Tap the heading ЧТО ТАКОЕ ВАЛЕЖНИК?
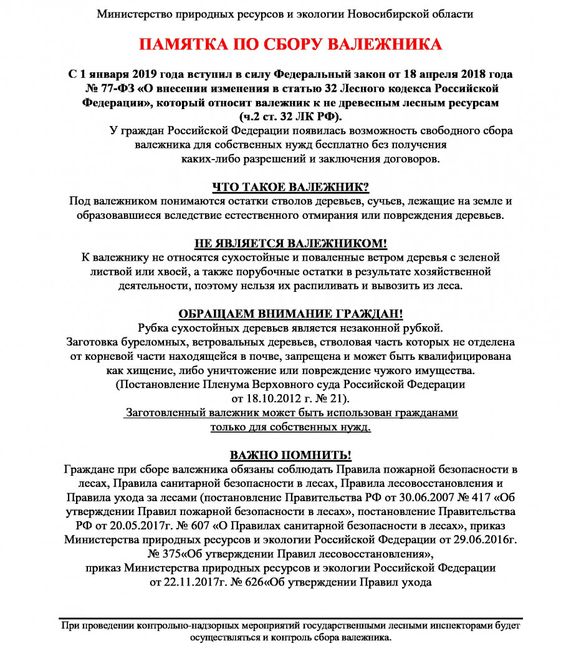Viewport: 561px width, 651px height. pos(290,187)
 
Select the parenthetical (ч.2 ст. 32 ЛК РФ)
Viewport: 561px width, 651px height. pos(290,116)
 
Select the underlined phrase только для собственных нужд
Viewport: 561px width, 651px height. pos(290,427)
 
